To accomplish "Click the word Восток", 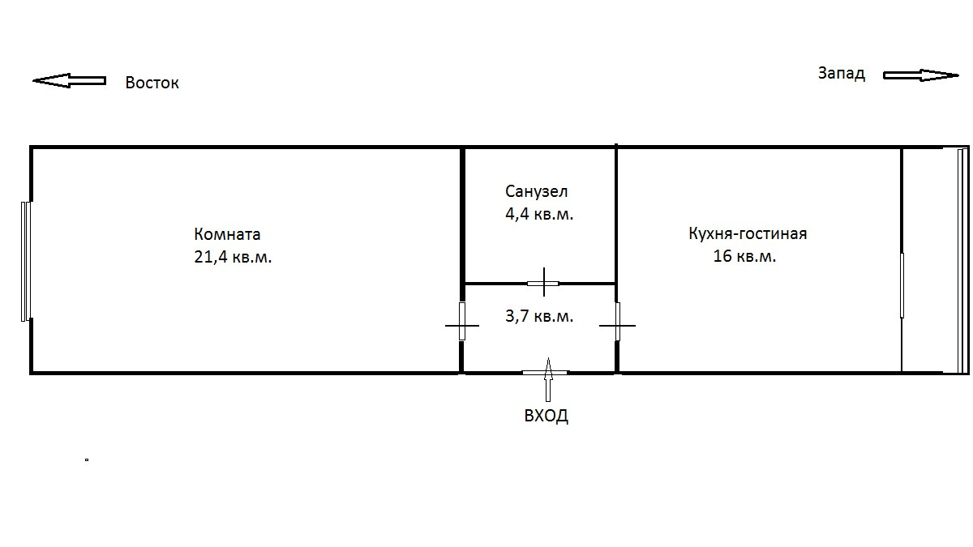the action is [x=152, y=83].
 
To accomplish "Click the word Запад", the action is [x=841, y=74].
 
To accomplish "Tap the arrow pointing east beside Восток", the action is [x=70, y=80].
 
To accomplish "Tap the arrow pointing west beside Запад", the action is [x=920, y=75].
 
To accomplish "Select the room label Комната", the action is [x=227, y=235].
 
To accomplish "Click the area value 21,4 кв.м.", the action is [x=233, y=258].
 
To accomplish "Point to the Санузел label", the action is [x=537, y=192].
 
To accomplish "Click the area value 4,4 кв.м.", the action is [x=539, y=215].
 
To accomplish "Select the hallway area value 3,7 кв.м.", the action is [x=539, y=316].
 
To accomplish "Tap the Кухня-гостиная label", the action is [x=748, y=234].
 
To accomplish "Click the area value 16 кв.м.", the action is [x=744, y=257].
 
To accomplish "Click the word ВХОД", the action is [x=546, y=417].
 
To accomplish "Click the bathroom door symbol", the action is [x=543, y=284].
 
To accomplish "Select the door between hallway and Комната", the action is [x=462, y=322].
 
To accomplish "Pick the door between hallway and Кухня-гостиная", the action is [x=617, y=322].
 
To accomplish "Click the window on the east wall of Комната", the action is [x=26, y=261].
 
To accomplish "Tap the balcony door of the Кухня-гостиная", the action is [x=902, y=285].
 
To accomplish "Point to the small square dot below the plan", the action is [x=86, y=460].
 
